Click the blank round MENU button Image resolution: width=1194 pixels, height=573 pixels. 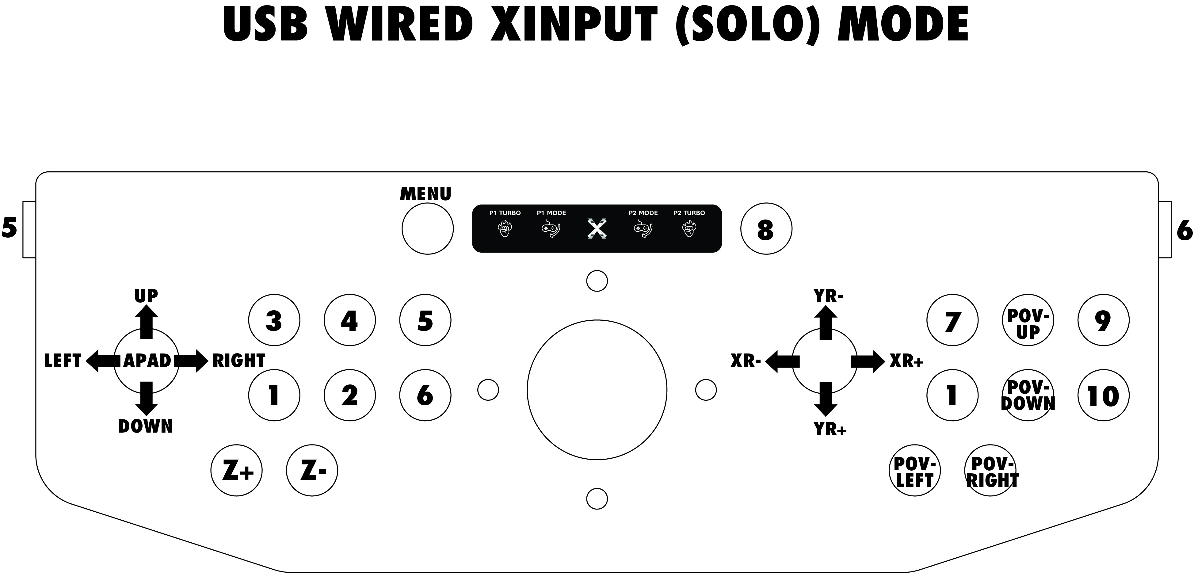pyautogui.click(x=427, y=228)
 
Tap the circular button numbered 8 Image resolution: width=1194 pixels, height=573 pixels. pyautogui.click(x=766, y=228)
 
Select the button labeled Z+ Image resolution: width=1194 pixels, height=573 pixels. pyautogui.click(x=236, y=471)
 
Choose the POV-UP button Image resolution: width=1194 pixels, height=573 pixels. pyautogui.click(x=1028, y=320)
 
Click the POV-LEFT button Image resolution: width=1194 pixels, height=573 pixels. pyautogui.click(x=914, y=471)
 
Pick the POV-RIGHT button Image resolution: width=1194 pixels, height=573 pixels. pyautogui.click(x=990, y=471)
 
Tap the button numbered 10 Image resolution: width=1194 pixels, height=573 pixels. pyautogui.click(x=1104, y=395)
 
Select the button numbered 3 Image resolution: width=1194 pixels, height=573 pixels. pyautogui.click(x=274, y=320)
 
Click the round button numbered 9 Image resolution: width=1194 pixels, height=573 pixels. pyautogui.click(x=1104, y=320)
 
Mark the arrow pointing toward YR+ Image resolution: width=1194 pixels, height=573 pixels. pyautogui.click(x=826, y=399)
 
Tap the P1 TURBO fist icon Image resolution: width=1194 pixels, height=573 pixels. pyautogui.click(x=505, y=229)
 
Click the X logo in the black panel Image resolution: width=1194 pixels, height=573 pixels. pyautogui.click(x=597, y=229)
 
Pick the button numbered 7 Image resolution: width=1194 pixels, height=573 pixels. pyautogui.click(x=952, y=320)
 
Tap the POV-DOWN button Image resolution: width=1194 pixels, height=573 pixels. pyautogui.click(x=1028, y=395)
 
